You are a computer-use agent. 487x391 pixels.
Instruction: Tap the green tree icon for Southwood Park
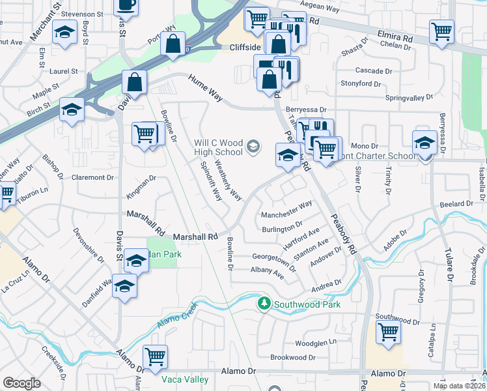(264, 304)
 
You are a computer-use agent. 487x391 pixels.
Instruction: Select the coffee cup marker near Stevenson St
(126, 6)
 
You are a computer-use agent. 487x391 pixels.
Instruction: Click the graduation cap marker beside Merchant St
(64, 34)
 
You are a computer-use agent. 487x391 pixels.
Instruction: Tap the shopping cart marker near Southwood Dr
(388, 332)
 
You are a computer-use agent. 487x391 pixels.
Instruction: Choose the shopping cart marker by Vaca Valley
(155, 357)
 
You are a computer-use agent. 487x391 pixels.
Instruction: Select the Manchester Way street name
(286, 210)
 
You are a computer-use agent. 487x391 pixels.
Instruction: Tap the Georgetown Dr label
(274, 262)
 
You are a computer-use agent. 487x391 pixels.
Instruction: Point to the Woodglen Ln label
(315, 342)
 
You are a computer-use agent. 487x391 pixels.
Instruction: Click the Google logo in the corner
(22, 383)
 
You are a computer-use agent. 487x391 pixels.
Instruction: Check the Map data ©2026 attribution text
(459, 386)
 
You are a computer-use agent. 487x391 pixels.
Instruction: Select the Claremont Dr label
(92, 177)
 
